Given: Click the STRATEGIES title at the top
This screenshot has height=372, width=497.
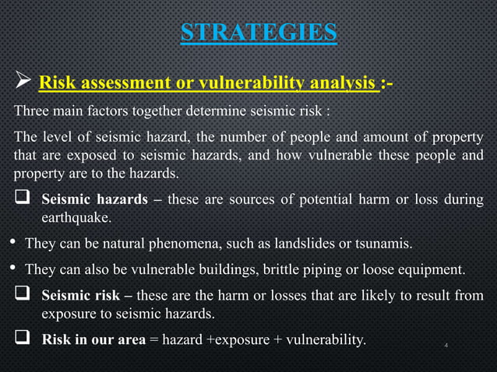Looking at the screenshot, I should point(259,32).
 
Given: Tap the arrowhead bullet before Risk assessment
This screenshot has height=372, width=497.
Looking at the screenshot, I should point(22,82).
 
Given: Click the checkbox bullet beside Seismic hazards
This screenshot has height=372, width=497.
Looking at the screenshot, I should point(23,198).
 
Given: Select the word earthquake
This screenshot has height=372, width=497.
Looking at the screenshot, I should point(75,217).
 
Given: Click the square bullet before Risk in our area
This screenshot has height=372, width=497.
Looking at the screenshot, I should point(23,339).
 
